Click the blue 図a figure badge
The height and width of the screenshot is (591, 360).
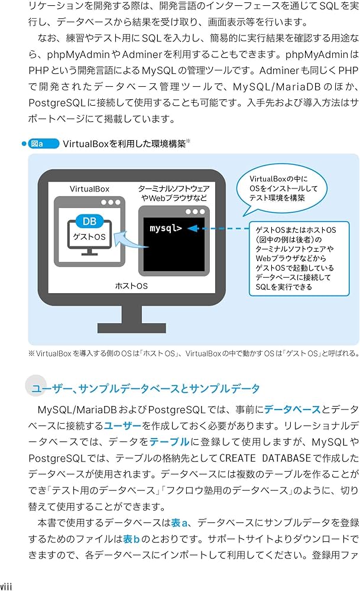point(43,144)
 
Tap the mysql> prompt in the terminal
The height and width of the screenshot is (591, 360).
point(166,228)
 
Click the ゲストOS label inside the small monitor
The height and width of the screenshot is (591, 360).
point(89,236)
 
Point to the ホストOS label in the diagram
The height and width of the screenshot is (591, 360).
point(131,286)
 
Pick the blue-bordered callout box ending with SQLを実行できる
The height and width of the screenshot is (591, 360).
point(293,258)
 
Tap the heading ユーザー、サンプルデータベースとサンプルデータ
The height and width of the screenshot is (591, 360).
point(145,388)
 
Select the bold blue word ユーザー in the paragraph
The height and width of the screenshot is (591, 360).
point(124,426)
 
